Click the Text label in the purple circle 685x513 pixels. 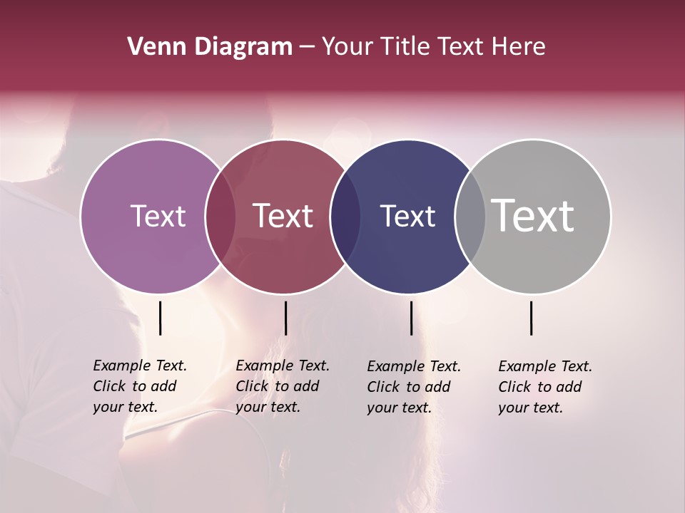pos(158,216)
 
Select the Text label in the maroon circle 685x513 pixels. pos(283,216)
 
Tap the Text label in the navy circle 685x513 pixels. pos(407,216)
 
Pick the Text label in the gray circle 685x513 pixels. pos(533,216)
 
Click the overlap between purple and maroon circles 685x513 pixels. pos(220,216)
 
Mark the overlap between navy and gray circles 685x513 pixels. pos(470,216)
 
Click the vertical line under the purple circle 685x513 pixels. pos(160,318)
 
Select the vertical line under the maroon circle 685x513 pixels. pos(285,318)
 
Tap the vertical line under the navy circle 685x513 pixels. pos(411,318)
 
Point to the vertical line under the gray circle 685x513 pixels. pos(531,318)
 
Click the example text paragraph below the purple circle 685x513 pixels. pos(140,386)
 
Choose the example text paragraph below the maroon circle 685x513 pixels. pos(283,386)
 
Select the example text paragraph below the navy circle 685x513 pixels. pos(414,387)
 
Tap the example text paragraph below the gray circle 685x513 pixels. pos(545,387)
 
